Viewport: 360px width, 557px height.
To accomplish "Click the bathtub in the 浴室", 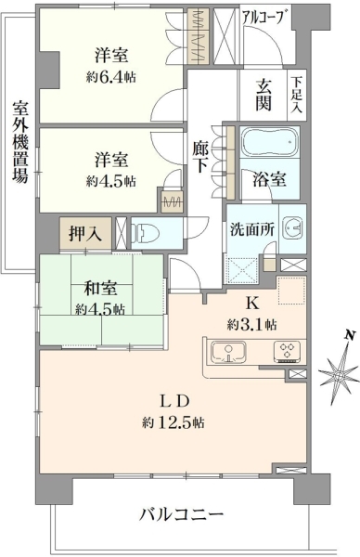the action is pyautogui.click(x=270, y=142).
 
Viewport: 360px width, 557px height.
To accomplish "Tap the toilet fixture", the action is pyautogui.click(x=147, y=233).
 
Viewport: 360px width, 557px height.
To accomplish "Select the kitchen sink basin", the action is pyautogui.click(x=228, y=352).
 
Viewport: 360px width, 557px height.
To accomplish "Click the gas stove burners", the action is pyautogui.click(x=287, y=351).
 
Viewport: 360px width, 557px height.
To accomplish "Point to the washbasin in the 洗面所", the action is pyautogui.click(x=293, y=229).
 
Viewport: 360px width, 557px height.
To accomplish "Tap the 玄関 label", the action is pyautogui.click(x=264, y=96).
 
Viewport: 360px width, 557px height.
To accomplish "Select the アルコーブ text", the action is pyautogui.click(x=264, y=17).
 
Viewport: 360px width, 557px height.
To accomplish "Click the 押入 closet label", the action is pyautogui.click(x=84, y=234).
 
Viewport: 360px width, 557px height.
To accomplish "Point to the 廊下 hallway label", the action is pyautogui.click(x=200, y=157).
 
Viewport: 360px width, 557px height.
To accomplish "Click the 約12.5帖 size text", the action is pyautogui.click(x=174, y=422).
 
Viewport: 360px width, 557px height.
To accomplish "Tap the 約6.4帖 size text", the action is pyautogui.click(x=111, y=77).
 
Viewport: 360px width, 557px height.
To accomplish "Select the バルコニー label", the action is pyautogui.click(x=181, y=514).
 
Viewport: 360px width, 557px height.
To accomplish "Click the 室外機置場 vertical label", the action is pyautogui.click(x=20, y=142).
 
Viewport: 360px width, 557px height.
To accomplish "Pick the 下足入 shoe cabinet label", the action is pyautogui.click(x=296, y=95).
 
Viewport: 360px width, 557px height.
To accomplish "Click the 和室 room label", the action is pyautogui.click(x=100, y=289).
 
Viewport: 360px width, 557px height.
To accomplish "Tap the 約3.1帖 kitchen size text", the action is pyautogui.click(x=252, y=324).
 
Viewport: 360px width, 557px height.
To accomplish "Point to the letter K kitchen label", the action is pyautogui.click(x=252, y=303).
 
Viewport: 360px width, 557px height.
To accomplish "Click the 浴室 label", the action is pyautogui.click(x=269, y=180).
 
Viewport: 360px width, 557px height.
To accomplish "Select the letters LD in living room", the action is pyautogui.click(x=174, y=401).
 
